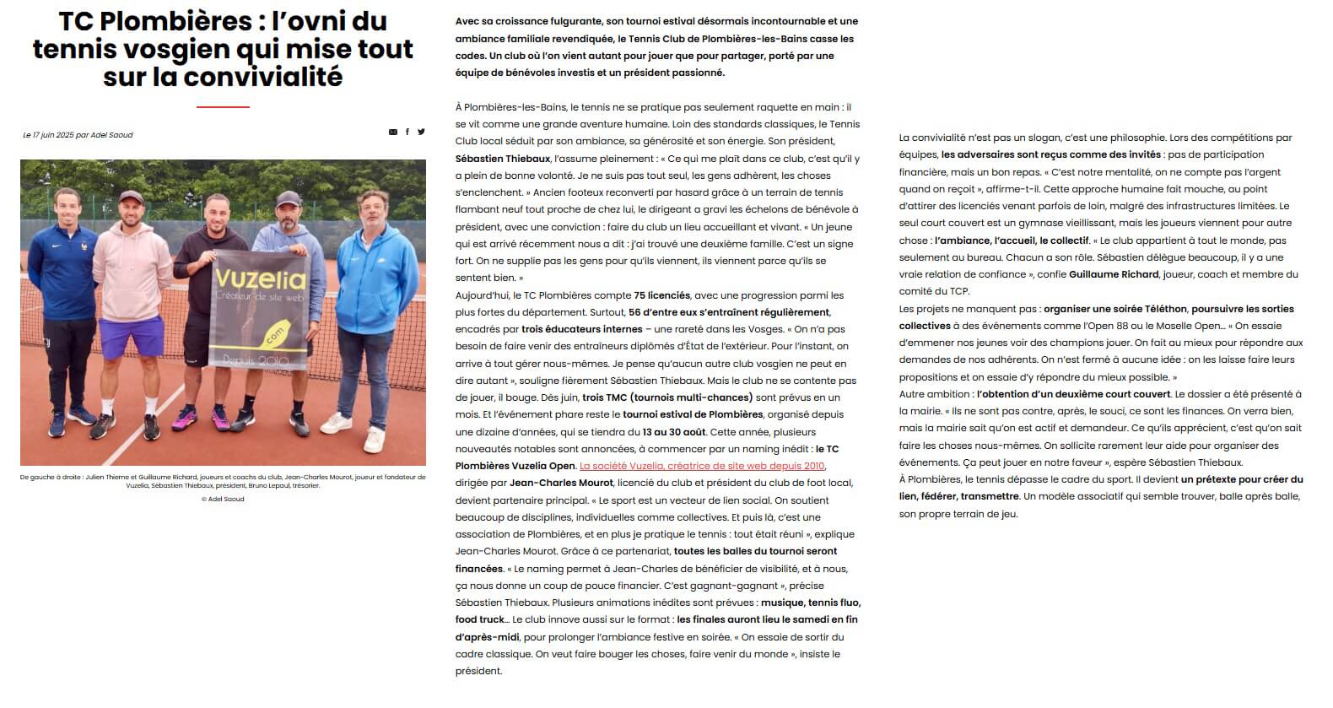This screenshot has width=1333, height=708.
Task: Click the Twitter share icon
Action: point(421,132)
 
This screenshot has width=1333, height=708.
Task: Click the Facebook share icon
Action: point(407,132)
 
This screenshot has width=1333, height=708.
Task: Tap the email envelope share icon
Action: point(393,132)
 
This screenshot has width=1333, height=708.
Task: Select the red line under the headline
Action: point(223,107)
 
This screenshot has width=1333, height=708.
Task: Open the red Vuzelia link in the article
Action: point(702,466)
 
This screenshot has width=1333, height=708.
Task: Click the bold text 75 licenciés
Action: point(661,295)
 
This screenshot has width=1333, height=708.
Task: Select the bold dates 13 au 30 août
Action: point(674,432)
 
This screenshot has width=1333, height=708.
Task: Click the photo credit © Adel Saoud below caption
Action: point(223,500)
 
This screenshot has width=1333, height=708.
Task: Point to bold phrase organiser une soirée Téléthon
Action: point(1114,309)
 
